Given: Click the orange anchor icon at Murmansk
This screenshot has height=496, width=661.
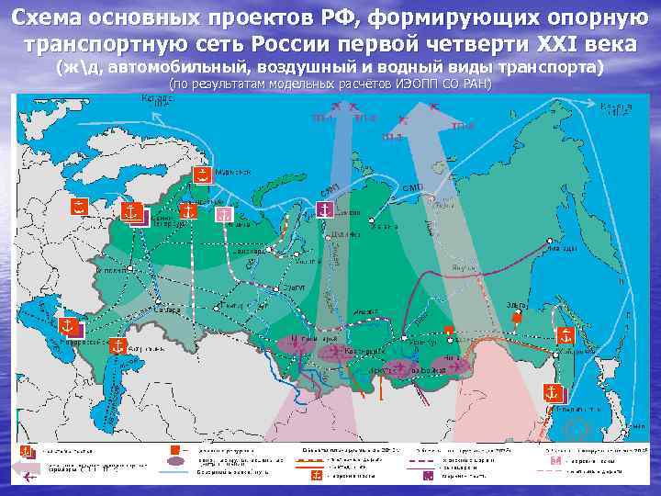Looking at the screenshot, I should tap(199, 175).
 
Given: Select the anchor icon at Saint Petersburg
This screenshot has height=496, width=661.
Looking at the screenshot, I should tap(131, 212).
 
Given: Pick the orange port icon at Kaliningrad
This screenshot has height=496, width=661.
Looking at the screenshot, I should tap(80, 206).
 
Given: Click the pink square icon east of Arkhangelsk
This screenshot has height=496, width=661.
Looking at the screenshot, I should tap(221, 213).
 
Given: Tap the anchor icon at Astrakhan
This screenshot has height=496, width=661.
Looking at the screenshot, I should tap(117, 345).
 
